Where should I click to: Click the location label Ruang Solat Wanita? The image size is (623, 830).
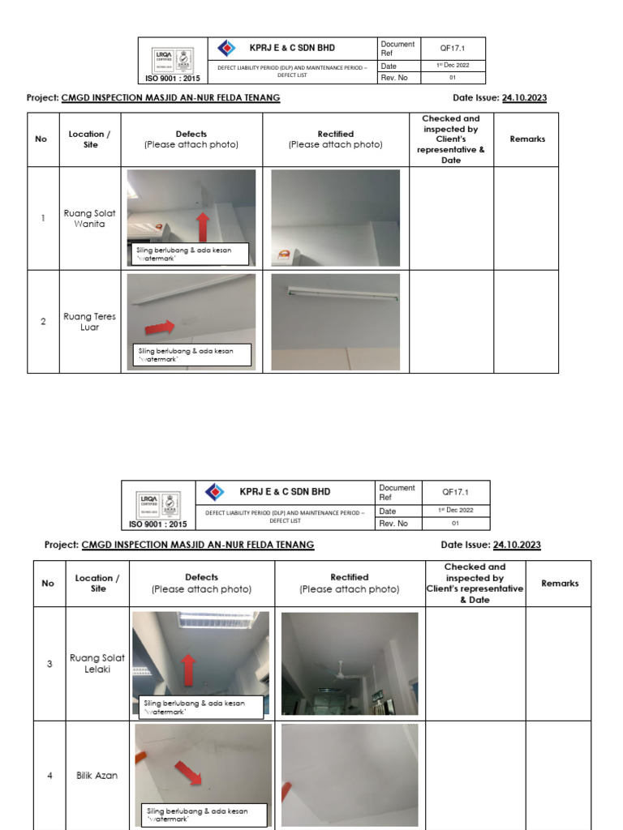pyautogui.click(x=89, y=219)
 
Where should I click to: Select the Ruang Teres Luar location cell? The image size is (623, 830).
pyautogui.click(x=89, y=322)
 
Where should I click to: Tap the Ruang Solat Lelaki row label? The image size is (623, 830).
pyautogui.click(x=97, y=664)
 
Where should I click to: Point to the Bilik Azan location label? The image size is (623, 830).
pyautogui.click(x=97, y=776)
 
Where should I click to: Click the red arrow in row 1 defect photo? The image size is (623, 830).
pyautogui.click(x=202, y=227)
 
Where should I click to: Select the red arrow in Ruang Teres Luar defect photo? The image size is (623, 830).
pyautogui.click(x=160, y=327)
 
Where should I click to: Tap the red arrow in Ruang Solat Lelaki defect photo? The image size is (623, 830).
pyautogui.click(x=188, y=670)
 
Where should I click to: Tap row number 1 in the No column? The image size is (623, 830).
pyautogui.click(x=43, y=219)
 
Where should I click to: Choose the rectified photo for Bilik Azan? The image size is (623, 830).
pyautogui.click(x=350, y=775)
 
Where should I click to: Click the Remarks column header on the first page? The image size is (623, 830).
pyautogui.click(x=526, y=139)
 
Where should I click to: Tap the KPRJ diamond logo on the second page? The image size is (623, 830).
pyautogui.click(x=215, y=492)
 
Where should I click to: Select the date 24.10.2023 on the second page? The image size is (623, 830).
pyautogui.click(x=517, y=545)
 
